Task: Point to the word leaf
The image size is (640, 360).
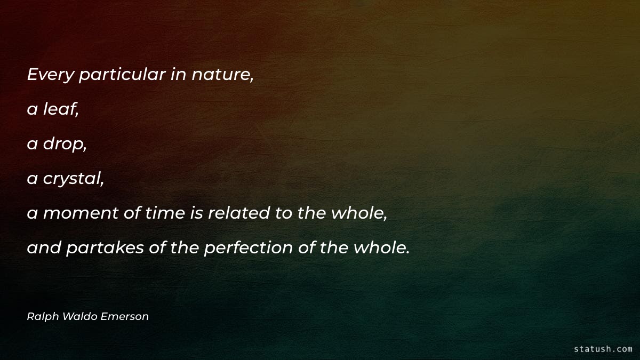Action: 61,109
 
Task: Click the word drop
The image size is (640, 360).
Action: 65,144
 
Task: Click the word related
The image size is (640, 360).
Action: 239,213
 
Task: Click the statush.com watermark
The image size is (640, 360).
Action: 603,349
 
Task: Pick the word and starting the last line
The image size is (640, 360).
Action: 44,248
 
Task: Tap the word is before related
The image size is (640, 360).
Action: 195,213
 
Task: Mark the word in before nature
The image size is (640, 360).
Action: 178,75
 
